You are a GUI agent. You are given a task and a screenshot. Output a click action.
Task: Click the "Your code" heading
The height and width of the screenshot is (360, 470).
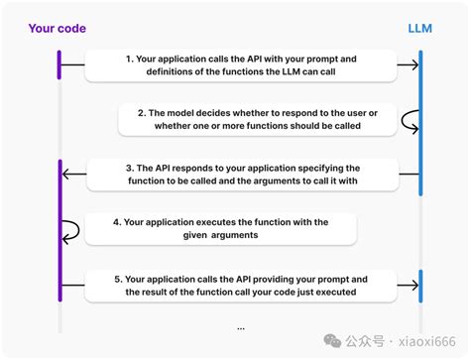[55, 29]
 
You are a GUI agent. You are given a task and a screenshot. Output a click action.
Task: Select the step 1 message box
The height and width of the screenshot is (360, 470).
[241, 66]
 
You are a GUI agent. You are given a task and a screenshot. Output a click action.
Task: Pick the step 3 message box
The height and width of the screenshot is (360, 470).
[242, 175]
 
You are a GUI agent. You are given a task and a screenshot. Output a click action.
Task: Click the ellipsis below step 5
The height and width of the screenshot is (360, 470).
[241, 327]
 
